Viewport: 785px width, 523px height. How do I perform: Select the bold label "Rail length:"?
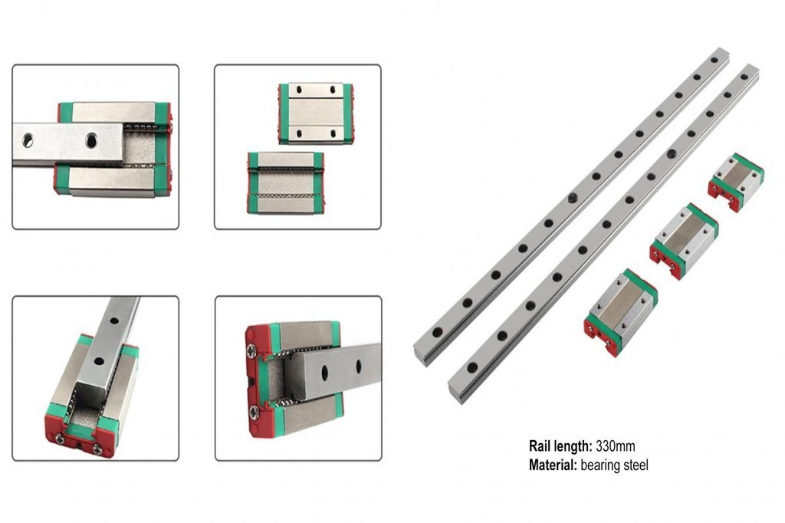click(x=561, y=446)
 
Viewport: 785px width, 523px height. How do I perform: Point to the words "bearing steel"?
click(x=614, y=465)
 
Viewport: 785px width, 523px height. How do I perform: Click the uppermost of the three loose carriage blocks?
click(x=736, y=182)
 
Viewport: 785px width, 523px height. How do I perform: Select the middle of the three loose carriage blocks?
click(x=684, y=240)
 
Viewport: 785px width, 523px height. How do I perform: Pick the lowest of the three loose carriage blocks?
click(x=621, y=311)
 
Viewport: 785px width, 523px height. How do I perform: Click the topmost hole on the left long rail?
click(x=716, y=58)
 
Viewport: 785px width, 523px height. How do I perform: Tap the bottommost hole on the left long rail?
click(x=437, y=332)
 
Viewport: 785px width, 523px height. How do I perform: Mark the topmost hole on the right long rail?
click(x=744, y=77)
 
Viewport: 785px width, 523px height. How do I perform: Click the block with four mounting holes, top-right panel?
click(x=315, y=113)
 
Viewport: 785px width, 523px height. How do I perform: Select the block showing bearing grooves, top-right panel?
click(x=285, y=183)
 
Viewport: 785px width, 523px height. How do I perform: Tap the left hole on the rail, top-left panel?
click(x=28, y=140)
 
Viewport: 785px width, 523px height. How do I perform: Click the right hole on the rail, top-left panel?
click(x=91, y=140)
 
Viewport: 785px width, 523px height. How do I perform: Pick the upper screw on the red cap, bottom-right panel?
click(x=251, y=351)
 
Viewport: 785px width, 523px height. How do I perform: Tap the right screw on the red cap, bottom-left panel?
click(x=98, y=449)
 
